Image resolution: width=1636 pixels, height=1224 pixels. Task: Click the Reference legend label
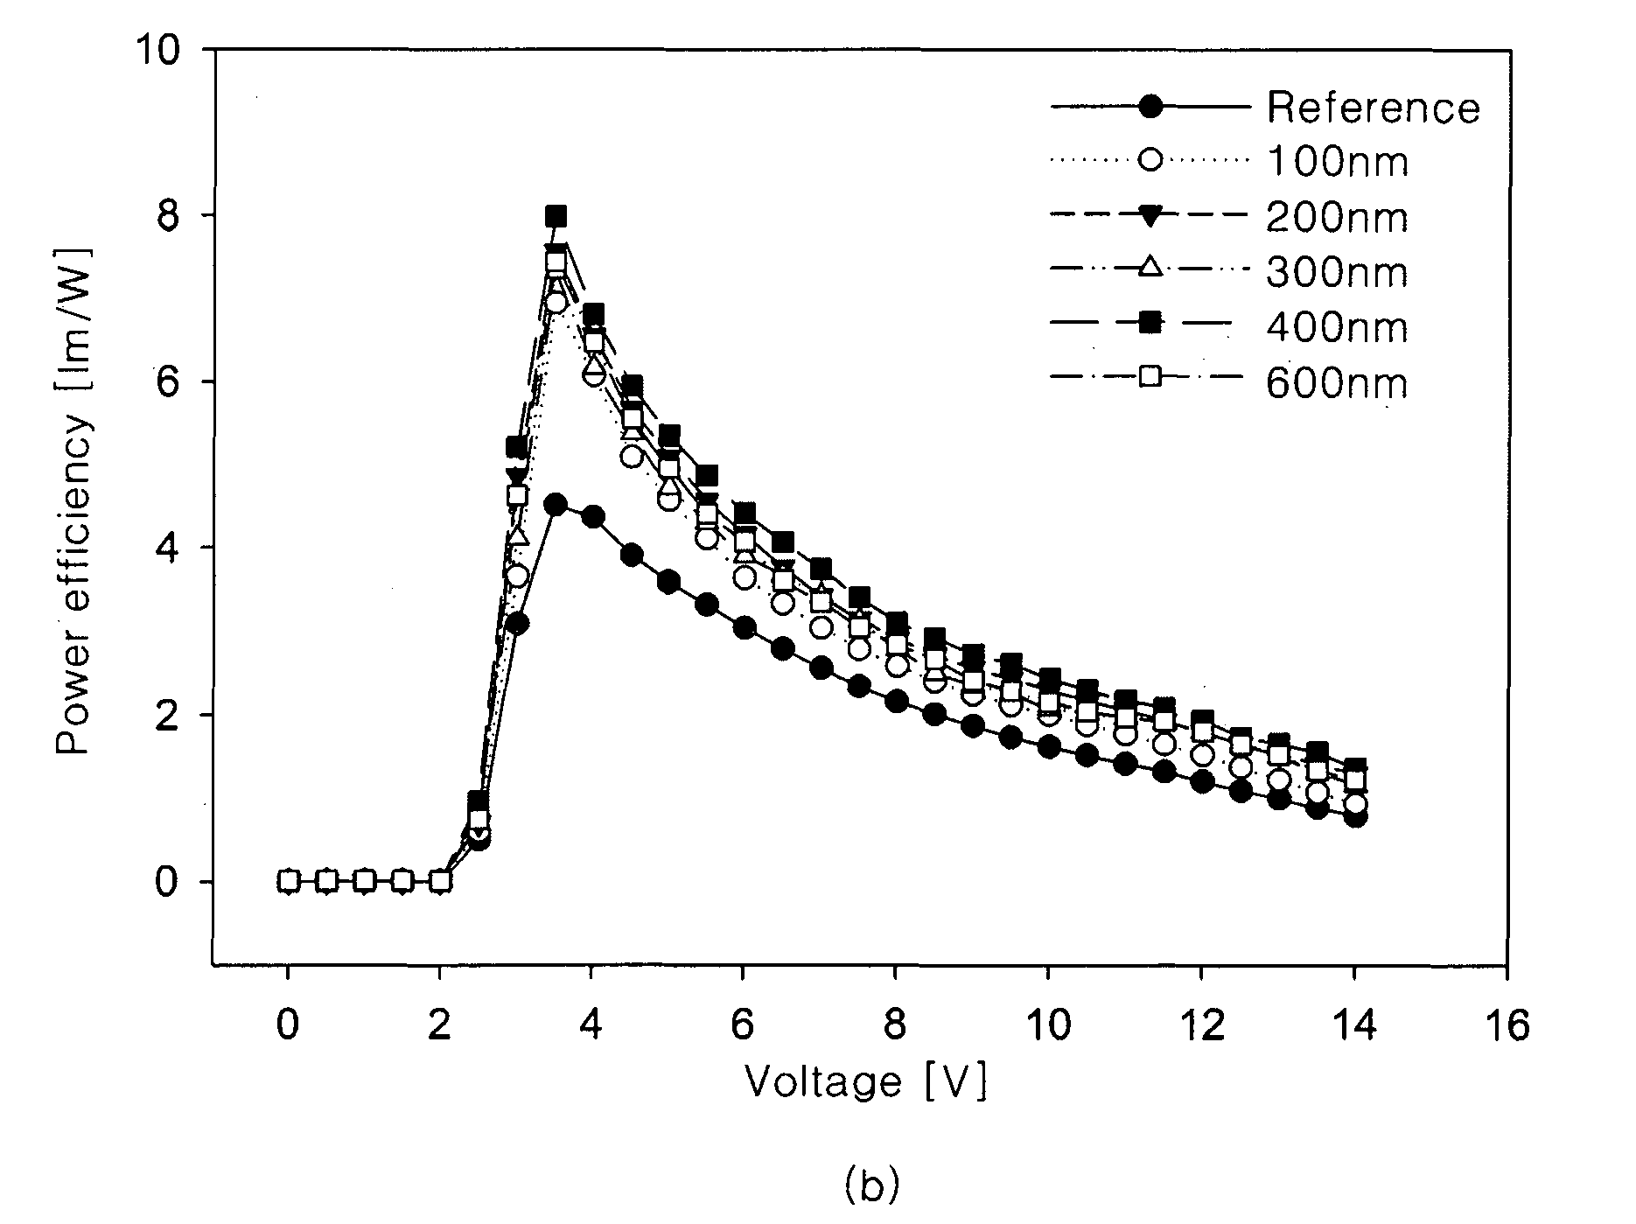(1373, 108)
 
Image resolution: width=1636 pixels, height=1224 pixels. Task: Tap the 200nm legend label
(1337, 217)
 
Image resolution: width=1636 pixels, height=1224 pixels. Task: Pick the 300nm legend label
(1337, 273)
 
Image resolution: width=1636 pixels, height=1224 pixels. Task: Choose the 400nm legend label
(1337, 328)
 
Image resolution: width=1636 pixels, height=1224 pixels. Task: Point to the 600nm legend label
(1337, 383)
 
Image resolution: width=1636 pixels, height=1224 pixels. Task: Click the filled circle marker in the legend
(1150, 107)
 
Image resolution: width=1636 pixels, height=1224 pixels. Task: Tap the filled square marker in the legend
(1150, 325)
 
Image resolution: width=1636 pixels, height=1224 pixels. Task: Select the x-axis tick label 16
(1504, 1025)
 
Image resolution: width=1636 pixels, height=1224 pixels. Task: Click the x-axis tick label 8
(895, 1025)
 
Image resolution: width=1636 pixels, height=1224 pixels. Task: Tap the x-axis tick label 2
(439, 1025)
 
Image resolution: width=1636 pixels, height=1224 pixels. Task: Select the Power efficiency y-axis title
(74, 500)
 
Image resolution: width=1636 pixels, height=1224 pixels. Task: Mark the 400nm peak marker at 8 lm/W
(556, 215)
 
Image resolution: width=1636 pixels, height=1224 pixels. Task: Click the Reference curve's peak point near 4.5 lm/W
(555, 505)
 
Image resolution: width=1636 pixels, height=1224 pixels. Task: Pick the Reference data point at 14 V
(1355, 816)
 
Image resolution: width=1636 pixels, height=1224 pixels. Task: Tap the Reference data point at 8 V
(896, 701)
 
